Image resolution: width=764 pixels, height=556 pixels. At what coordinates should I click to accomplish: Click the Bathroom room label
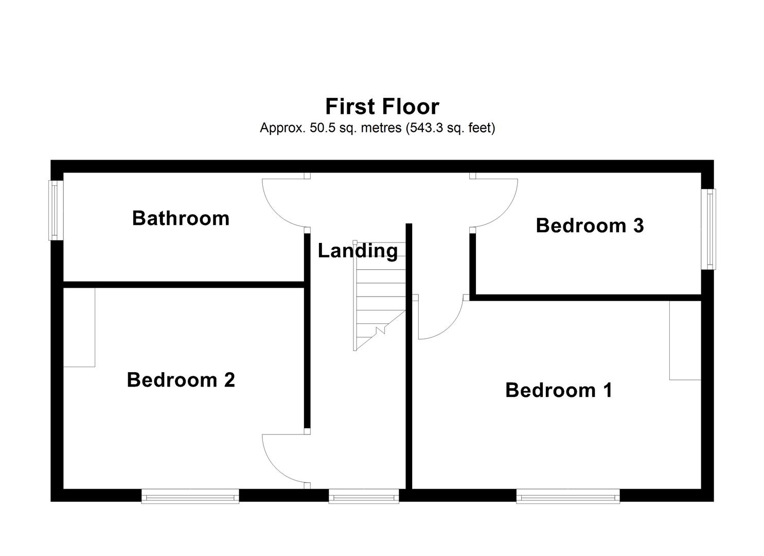point(181,218)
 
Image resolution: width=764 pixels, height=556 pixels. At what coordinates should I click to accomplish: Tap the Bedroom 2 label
point(181,380)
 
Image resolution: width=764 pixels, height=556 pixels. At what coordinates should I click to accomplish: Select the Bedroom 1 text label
point(559,390)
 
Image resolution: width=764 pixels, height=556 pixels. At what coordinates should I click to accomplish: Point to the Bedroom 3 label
point(590,225)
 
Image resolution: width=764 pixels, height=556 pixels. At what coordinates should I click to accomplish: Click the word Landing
point(358,251)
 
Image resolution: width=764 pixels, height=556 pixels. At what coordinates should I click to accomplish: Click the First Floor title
point(382,107)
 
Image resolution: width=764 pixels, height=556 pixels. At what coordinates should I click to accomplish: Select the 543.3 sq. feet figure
point(451,128)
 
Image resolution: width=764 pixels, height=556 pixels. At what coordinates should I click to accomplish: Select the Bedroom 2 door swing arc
point(275,468)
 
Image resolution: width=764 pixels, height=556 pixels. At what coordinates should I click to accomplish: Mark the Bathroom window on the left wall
point(54,210)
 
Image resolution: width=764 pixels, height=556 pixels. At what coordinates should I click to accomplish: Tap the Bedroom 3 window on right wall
point(710,229)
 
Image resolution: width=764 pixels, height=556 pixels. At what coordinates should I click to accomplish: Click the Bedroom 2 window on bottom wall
point(190,497)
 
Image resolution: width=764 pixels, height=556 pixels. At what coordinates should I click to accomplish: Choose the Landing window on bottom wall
point(364,497)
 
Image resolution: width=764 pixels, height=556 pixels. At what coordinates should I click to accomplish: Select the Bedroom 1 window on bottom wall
point(568,497)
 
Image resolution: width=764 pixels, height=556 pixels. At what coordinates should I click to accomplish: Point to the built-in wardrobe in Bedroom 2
point(79,327)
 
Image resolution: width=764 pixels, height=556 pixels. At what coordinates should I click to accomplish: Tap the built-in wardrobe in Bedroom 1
point(685,340)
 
